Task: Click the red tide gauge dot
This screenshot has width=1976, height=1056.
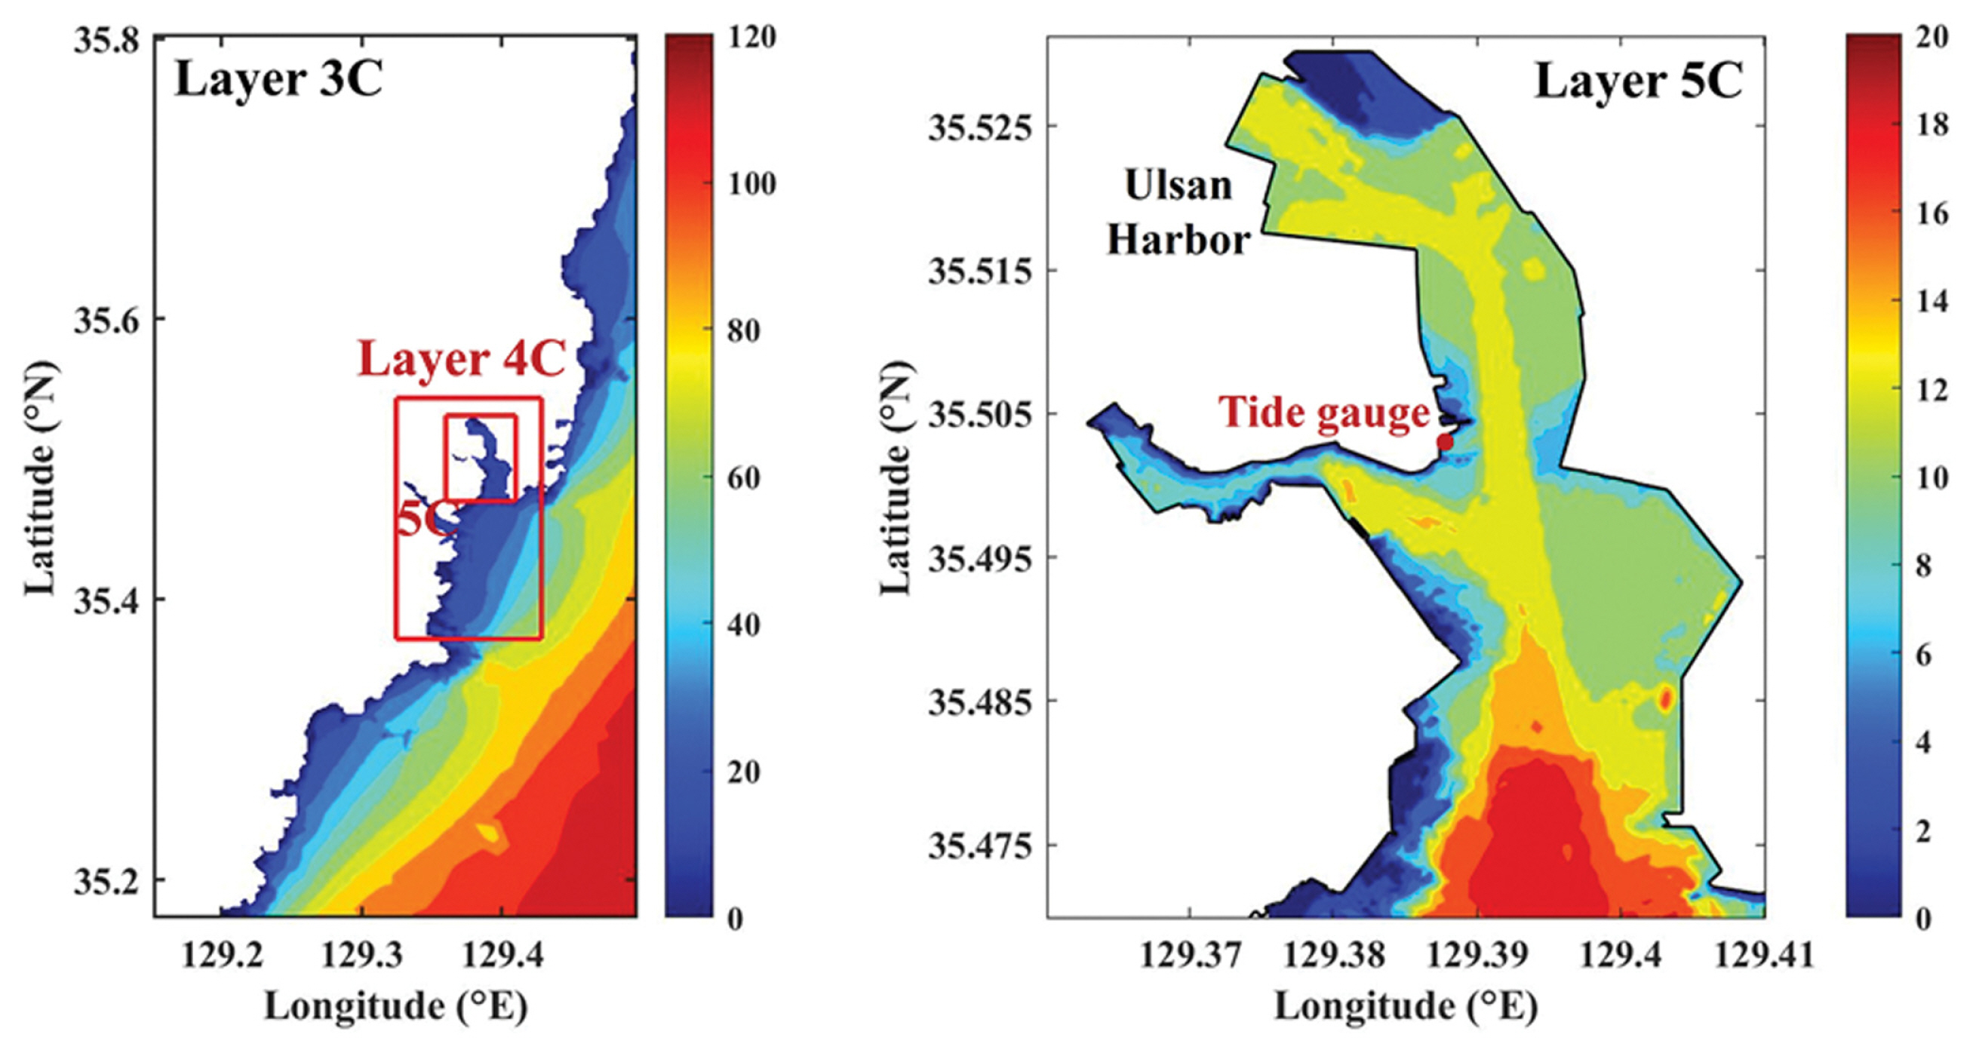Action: coord(1445,442)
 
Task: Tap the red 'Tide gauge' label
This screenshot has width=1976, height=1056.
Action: coord(1325,413)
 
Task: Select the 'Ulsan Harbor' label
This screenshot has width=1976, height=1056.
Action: coord(1179,213)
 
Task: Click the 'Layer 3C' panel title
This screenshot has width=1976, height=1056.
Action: coord(278,79)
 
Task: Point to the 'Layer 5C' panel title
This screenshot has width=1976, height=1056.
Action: coord(1639,81)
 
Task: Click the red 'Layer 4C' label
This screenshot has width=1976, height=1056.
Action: coord(462,359)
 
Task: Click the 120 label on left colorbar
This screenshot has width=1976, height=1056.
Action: coord(750,37)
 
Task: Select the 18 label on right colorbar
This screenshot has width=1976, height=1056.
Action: coord(1931,124)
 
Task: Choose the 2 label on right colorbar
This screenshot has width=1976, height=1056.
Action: coord(1923,830)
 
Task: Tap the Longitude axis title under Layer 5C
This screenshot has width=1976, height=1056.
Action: coord(1406,1005)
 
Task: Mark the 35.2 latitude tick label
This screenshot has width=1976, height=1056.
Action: coord(106,882)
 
